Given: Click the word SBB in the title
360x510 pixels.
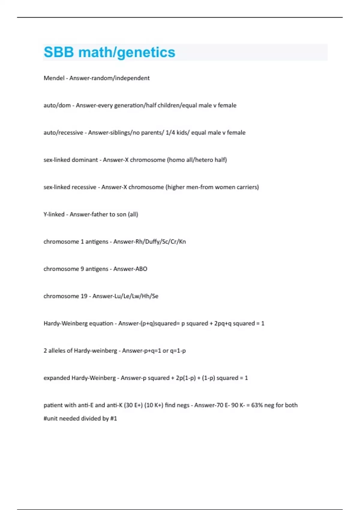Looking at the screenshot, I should (59, 52).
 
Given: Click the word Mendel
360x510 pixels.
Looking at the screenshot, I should (54, 78).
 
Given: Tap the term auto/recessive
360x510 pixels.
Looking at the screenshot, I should (63, 133).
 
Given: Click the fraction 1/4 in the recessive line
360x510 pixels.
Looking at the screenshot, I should (170, 133).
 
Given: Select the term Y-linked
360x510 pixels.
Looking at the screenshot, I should (54, 214).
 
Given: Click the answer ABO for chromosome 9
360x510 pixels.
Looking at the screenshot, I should (141, 269).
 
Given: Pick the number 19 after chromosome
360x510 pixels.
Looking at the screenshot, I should (84, 296).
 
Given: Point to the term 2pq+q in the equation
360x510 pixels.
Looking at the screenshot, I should (223, 323).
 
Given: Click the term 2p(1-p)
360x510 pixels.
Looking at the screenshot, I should (186, 378).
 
